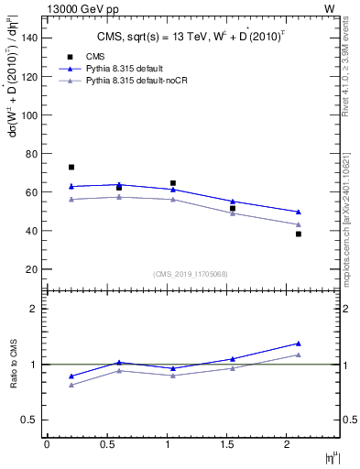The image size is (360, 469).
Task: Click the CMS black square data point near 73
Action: click(71, 168)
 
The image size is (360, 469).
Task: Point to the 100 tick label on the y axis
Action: click(27, 115)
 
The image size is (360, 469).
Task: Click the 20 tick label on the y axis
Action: click(30, 269)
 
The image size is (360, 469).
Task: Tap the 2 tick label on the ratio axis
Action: click(34, 309)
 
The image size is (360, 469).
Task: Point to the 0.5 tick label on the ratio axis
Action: click(29, 420)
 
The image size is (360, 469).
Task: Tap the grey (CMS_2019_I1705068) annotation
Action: click(191, 274)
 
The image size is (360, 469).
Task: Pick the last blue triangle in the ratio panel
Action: click(299, 344)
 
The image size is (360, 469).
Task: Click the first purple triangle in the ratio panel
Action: click(71, 385)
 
